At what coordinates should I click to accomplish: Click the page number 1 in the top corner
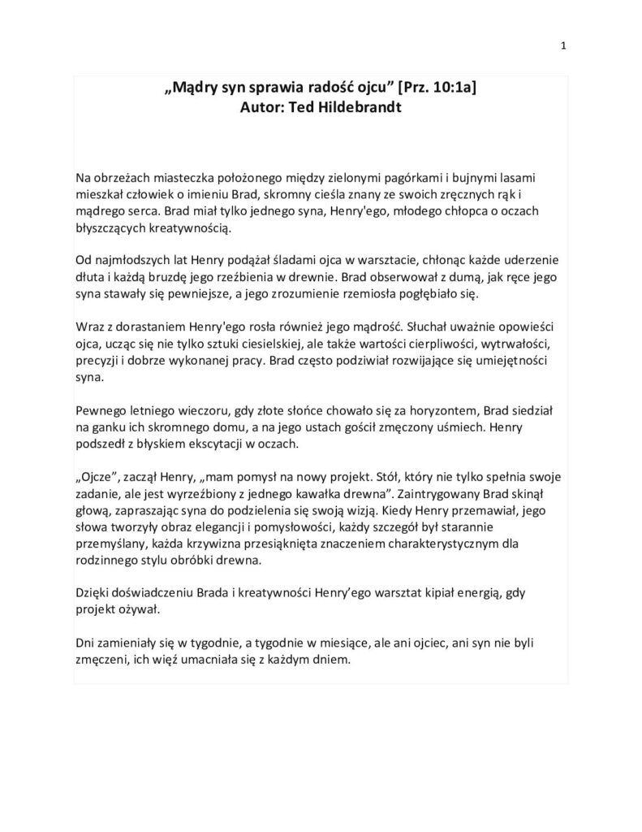(563, 46)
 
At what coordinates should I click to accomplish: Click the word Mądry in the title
(196, 89)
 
